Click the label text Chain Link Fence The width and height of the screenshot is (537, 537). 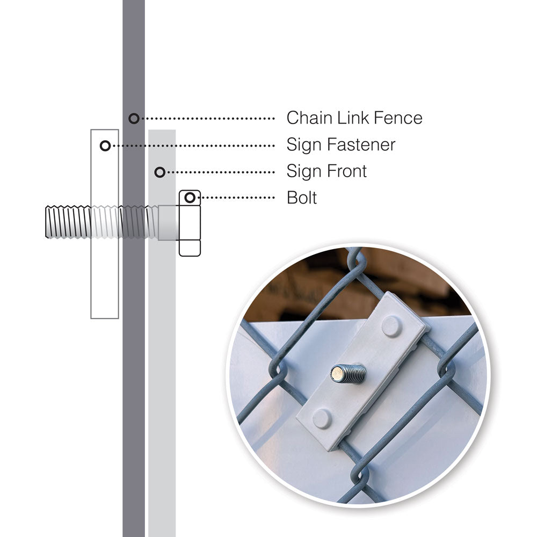pyautogui.click(x=354, y=118)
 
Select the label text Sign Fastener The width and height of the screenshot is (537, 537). pyautogui.click(x=341, y=145)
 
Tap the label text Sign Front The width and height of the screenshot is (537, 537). pyautogui.click(x=326, y=171)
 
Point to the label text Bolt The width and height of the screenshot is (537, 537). pyautogui.click(x=302, y=198)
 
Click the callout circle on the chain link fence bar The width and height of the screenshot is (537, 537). pyautogui.click(x=134, y=118)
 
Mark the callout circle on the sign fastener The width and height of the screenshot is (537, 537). pyautogui.click(x=105, y=146)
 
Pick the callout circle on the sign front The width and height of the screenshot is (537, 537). pyautogui.click(x=159, y=172)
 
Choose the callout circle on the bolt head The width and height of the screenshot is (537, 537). pyautogui.click(x=189, y=198)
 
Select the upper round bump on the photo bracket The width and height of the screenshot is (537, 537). pyautogui.click(x=391, y=326)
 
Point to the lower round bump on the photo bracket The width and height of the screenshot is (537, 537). pyautogui.click(x=322, y=418)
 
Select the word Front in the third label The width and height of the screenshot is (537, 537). pyautogui.click(x=347, y=171)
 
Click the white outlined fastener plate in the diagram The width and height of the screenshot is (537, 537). pyautogui.click(x=105, y=268)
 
